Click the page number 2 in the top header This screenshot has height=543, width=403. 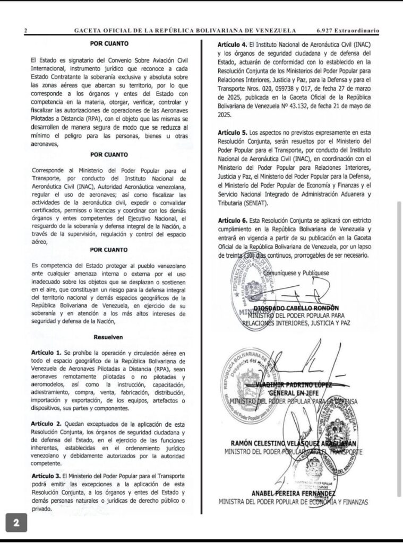(25, 31)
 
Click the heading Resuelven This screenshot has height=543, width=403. (108, 337)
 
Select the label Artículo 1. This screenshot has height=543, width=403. (46, 353)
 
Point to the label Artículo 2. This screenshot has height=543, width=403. (46, 424)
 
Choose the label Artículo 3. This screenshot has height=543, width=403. (46, 476)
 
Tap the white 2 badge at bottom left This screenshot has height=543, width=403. (16, 522)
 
